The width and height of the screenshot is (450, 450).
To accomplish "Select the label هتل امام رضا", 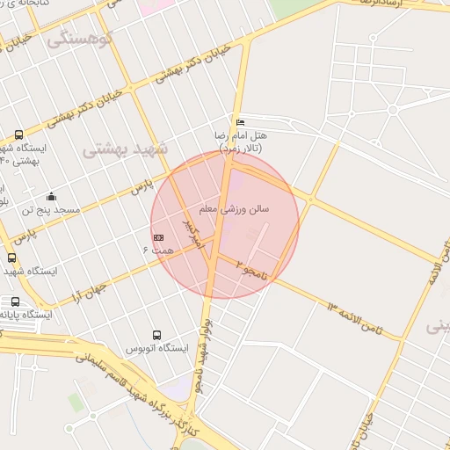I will tap(241, 136).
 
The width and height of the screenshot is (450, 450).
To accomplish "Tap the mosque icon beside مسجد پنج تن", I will tap(52, 196).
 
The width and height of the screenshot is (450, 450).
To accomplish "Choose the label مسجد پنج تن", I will tap(52, 210).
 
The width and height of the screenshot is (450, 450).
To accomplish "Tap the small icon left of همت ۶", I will tap(158, 237).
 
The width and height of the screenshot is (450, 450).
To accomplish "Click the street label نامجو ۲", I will tap(250, 268).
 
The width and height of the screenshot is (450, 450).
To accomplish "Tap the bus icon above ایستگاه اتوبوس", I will tap(156, 335).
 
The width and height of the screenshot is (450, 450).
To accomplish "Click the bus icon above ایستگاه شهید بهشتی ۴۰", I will tap(19, 134).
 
